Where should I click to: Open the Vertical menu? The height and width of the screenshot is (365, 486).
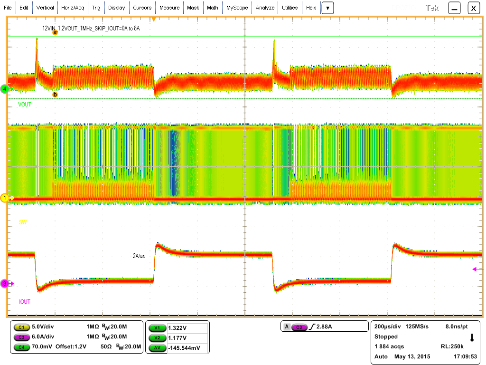[45, 8]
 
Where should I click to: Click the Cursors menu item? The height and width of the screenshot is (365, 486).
[142, 8]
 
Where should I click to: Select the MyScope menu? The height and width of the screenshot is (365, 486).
[236, 8]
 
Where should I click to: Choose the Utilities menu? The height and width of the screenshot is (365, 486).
[290, 8]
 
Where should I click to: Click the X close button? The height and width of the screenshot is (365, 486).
[474, 8]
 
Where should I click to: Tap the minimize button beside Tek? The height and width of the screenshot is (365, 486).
[455, 8]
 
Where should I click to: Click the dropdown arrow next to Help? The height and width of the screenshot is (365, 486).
[328, 8]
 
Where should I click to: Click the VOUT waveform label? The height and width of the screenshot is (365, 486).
[25, 105]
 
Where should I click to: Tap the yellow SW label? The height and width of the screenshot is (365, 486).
[22, 222]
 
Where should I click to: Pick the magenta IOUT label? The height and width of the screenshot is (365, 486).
[25, 301]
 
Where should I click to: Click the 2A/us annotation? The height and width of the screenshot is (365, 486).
[141, 256]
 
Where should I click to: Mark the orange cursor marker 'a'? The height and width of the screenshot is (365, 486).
[55, 32]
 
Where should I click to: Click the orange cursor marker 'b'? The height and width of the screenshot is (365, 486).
[55, 95]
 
